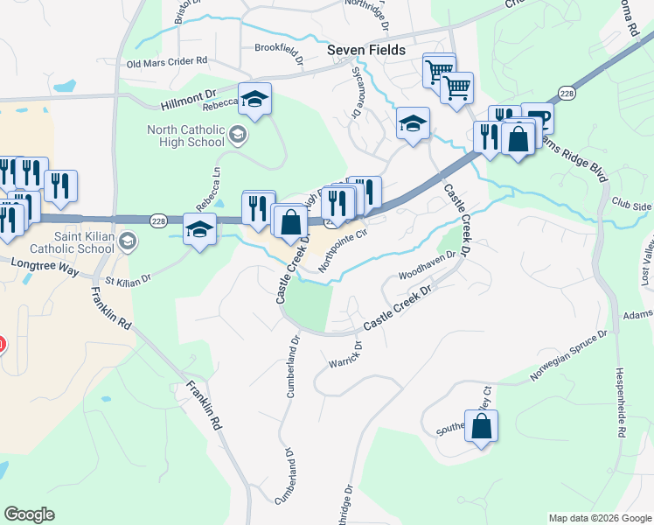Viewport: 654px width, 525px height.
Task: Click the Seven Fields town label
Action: (366, 51)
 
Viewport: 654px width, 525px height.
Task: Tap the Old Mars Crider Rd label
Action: (166, 63)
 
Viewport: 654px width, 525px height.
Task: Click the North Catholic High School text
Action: (186, 136)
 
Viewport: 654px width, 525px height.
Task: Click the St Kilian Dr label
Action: (128, 280)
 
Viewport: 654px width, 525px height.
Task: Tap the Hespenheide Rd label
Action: (623, 402)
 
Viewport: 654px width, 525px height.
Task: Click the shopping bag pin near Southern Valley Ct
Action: (481, 426)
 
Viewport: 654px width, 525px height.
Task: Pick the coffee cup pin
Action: (537, 119)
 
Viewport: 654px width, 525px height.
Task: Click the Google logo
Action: (30, 514)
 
